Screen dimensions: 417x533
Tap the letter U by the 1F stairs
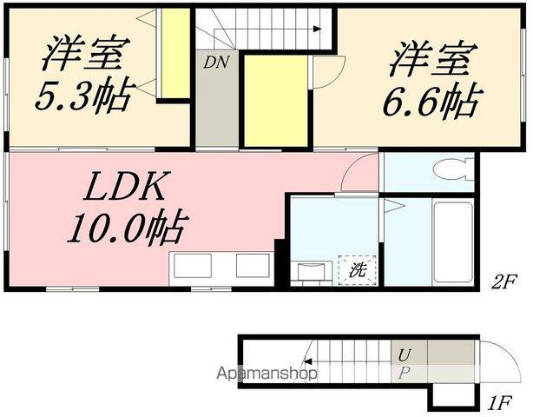click(x=405, y=354)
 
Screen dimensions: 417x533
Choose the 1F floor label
click(x=497, y=402)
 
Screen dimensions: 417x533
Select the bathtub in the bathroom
click(x=451, y=241)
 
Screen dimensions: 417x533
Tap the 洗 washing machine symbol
click(x=358, y=269)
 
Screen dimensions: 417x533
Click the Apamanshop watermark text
click(x=266, y=374)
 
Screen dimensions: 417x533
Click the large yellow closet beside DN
click(x=274, y=102)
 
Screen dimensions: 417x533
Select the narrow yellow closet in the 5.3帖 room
click(x=178, y=54)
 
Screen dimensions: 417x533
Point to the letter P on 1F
click(x=404, y=374)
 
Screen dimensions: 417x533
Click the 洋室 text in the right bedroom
click(x=431, y=61)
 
